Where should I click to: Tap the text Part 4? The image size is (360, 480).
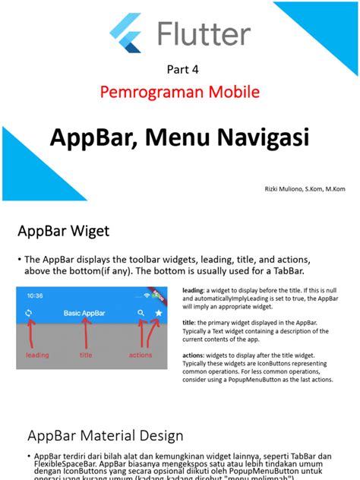tap(182, 70)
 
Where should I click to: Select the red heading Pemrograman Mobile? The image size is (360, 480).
tap(180, 93)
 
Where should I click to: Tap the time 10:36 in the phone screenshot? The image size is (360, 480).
tap(36, 295)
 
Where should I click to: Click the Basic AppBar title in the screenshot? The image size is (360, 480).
tap(84, 313)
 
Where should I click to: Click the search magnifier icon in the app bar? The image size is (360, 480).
tap(141, 313)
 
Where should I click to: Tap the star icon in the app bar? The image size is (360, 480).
tap(159, 313)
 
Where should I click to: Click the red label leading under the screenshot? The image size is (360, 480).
tap(37, 355)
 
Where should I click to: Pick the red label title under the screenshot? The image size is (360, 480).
tap(86, 355)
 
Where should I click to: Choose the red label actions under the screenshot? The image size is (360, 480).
tap(141, 355)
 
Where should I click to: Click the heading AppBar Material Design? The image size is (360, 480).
tap(106, 435)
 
